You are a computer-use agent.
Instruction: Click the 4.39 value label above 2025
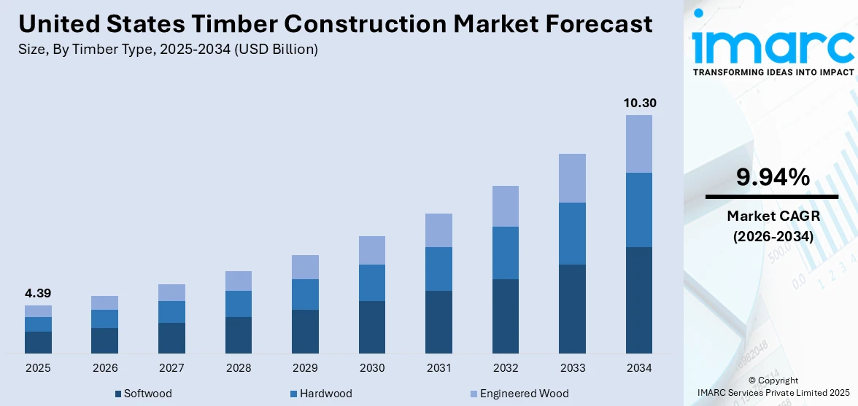pyautogui.click(x=38, y=293)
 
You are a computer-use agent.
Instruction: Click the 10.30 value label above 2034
pyautogui.click(x=639, y=103)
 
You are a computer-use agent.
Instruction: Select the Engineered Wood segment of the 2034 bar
pyautogui.click(x=639, y=144)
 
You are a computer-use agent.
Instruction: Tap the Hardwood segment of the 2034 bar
pyautogui.click(x=639, y=210)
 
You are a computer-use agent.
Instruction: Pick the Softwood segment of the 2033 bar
pyautogui.click(x=572, y=309)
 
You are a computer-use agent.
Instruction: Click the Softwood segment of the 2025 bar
pyautogui.click(x=38, y=343)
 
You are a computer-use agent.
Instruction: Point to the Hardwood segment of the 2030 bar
pyautogui.click(x=372, y=283)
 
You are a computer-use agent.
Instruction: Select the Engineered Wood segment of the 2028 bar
pyautogui.click(x=239, y=281)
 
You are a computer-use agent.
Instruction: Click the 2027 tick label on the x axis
pyautogui.click(x=171, y=368)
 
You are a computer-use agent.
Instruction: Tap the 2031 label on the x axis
pyautogui.click(x=438, y=368)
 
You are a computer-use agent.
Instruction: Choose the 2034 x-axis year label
pyautogui.click(x=639, y=368)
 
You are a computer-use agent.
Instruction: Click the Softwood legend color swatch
pyautogui.click(x=118, y=394)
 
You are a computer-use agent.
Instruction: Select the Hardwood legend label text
pyautogui.click(x=326, y=394)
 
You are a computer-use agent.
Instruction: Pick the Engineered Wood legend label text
pyautogui.click(x=524, y=394)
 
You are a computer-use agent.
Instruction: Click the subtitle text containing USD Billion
pyautogui.click(x=168, y=50)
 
